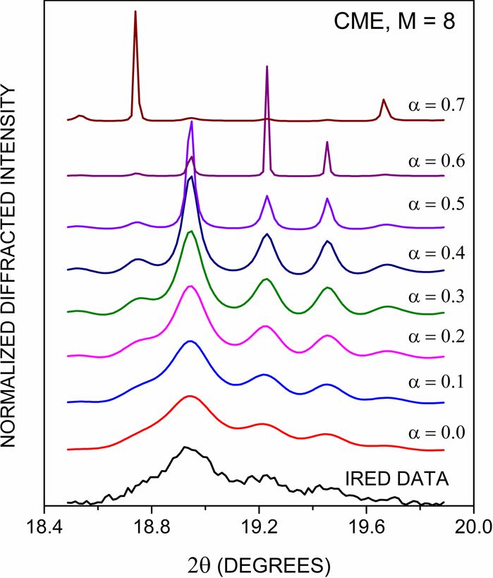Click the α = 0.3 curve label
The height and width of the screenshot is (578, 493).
[x=436, y=293]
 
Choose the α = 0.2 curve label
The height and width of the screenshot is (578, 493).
[x=436, y=337]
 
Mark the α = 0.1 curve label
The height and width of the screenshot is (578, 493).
[x=436, y=382]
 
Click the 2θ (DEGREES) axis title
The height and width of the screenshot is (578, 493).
[x=258, y=565]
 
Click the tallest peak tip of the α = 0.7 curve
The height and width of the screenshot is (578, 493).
[x=135, y=11]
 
